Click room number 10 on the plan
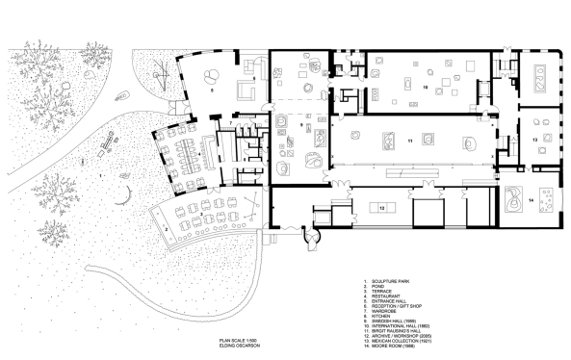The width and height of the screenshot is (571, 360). click(x=424, y=87)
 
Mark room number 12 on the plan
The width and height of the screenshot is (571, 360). click(x=381, y=207)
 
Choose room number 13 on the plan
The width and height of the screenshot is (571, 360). click(x=534, y=140)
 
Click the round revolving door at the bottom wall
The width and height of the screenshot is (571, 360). click(x=312, y=232)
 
